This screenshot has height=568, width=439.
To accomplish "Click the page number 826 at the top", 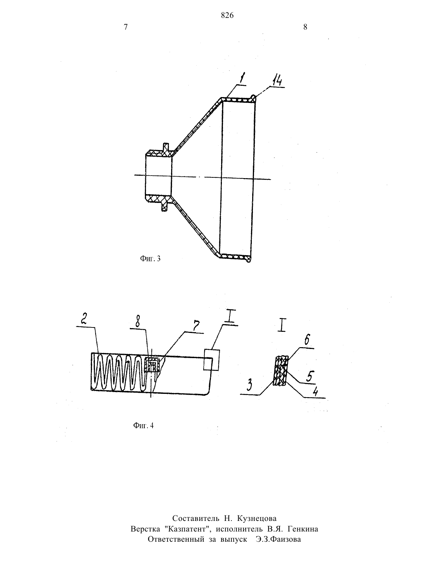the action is tap(227, 15).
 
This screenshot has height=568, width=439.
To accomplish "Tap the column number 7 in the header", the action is tap(126, 27).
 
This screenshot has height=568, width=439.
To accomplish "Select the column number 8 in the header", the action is tap(305, 27).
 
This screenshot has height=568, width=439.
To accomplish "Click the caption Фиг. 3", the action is tap(150, 258).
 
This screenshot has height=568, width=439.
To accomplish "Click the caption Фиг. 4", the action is tap(143, 426).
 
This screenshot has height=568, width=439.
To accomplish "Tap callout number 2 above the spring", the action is tap(83, 319).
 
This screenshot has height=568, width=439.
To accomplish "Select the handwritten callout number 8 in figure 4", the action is tap(138, 322).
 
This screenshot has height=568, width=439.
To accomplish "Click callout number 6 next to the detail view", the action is tap(307, 341).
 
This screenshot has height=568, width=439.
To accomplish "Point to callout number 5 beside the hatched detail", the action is tap(310, 376).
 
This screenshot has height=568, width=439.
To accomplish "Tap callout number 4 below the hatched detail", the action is tap(316, 392).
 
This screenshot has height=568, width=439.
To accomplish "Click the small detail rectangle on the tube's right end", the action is tap(211, 360).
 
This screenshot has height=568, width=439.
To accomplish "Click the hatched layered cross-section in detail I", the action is tap(280, 371).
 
